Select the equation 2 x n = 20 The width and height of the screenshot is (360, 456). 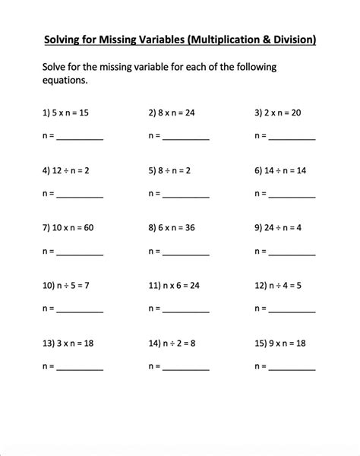[284, 113]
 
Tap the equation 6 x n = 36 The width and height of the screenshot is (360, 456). [180, 228]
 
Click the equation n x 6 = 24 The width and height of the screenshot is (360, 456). [182, 286]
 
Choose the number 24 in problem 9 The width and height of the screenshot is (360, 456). [270, 228]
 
